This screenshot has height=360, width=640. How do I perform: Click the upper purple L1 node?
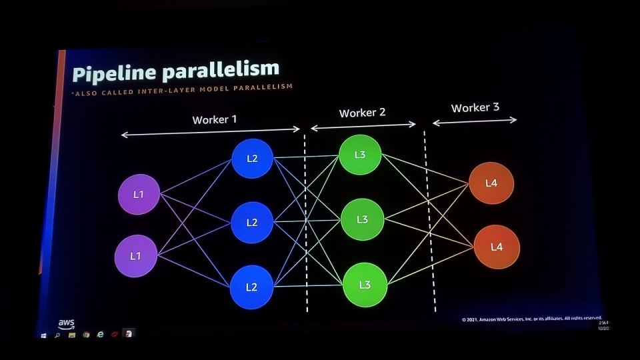pyautogui.click(x=139, y=195)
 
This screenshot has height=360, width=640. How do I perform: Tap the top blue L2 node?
pyautogui.click(x=252, y=159)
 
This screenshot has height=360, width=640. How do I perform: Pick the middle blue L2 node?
pyautogui.click(x=252, y=223)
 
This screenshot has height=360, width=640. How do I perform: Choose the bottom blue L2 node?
pyautogui.click(x=251, y=287)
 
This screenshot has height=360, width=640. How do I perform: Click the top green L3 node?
pyautogui.click(x=360, y=155)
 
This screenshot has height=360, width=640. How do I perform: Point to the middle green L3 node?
pyautogui.click(x=362, y=219)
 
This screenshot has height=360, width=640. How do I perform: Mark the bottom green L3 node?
pyautogui.click(x=365, y=285)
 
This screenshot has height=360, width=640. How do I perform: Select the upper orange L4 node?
pyautogui.click(x=491, y=183)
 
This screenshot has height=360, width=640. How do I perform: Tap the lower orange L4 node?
pyautogui.click(x=497, y=247)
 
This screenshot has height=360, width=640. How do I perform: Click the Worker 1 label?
pyautogui.click(x=215, y=120)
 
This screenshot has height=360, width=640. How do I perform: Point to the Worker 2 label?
pyautogui.click(x=362, y=113)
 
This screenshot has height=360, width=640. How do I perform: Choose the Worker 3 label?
pyautogui.click(x=475, y=107)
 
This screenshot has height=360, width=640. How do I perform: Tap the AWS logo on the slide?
pyautogui.click(x=67, y=323)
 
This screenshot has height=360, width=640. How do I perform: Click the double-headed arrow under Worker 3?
pyautogui.click(x=475, y=121)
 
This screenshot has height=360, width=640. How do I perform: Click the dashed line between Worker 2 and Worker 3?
pyautogui.click(x=429, y=220)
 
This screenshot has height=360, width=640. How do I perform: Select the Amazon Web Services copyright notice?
pyautogui.click(x=531, y=319)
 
